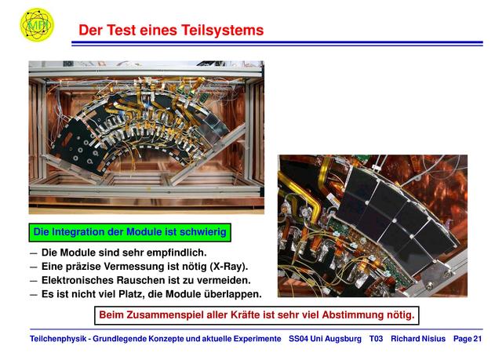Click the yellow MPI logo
click(x=37, y=24)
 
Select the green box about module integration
click(x=129, y=232)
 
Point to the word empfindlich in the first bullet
click(x=177, y=253)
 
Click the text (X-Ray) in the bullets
click(x=229, y=267)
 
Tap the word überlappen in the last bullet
click(x=233, y=294)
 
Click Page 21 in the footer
click(x=468, y=339)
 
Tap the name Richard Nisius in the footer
click(x=418, y=339)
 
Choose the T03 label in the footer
click(x=376, y=339)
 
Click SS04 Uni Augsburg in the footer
click(x=325, y=339)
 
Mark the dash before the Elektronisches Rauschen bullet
click(x=34, y=281)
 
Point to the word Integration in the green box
click(x=78, y=232)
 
